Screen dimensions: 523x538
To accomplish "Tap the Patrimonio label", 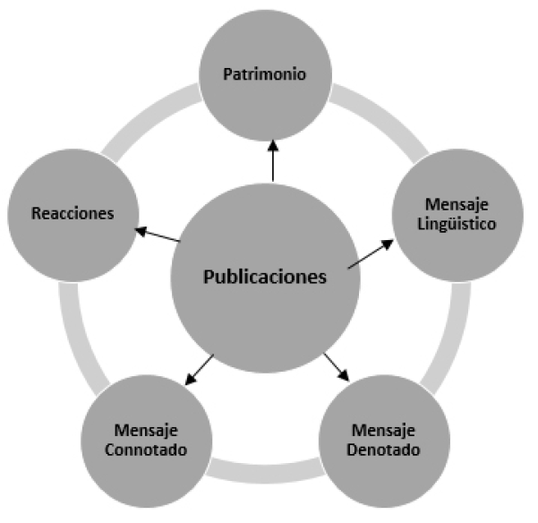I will [265, 75].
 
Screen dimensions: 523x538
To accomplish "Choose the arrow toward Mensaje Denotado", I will [337, 367].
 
